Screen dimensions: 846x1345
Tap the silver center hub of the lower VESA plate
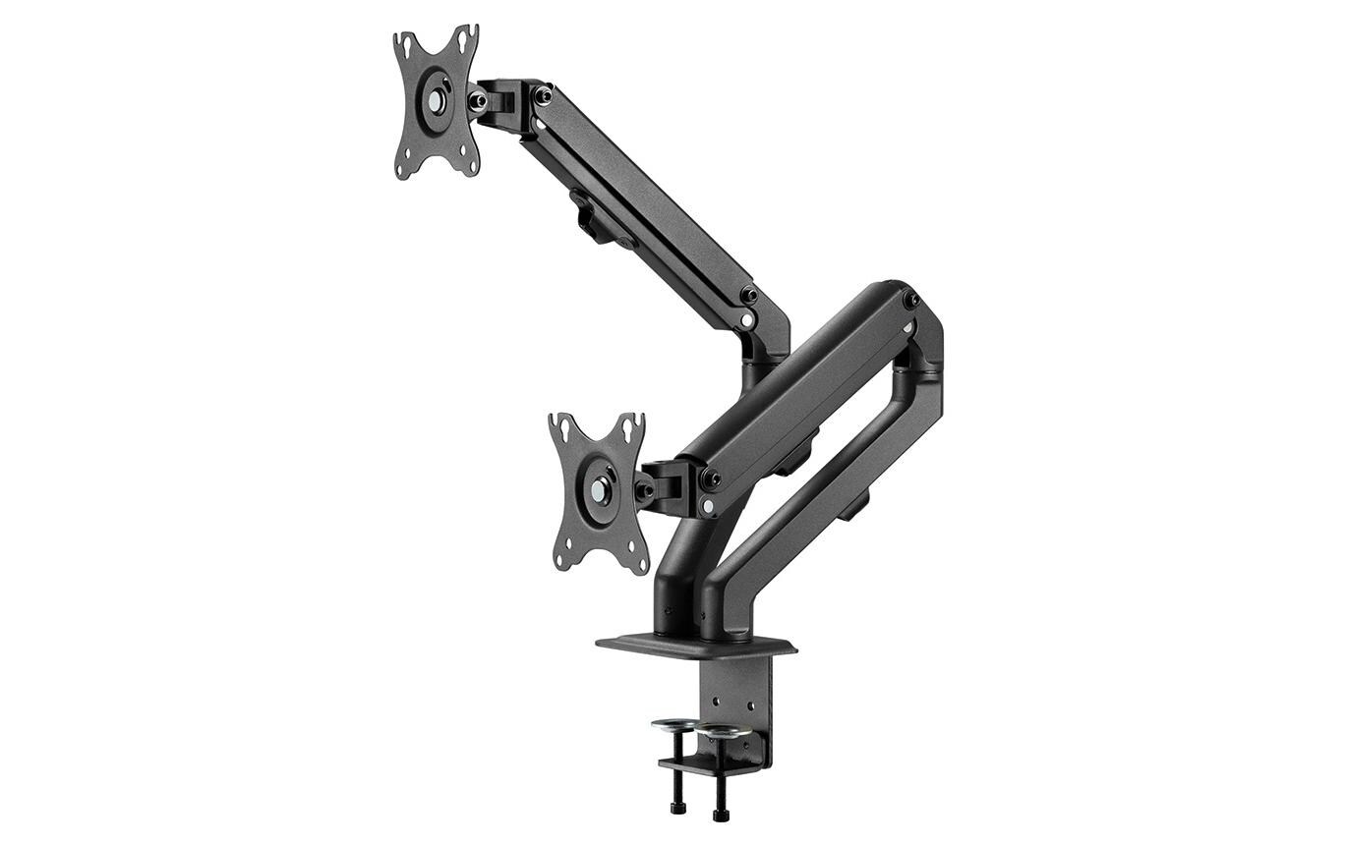(599, 488)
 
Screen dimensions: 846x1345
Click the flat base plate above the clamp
(695, 646)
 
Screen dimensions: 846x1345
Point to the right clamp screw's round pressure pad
(721, 731)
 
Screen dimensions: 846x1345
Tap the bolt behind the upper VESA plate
(478, 99)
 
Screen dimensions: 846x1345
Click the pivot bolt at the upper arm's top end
(542, 94)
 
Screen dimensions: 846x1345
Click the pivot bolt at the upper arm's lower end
(750, 295)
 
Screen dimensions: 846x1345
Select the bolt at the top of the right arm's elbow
(911, 299)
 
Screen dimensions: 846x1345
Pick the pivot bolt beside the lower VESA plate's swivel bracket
(709, 479)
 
